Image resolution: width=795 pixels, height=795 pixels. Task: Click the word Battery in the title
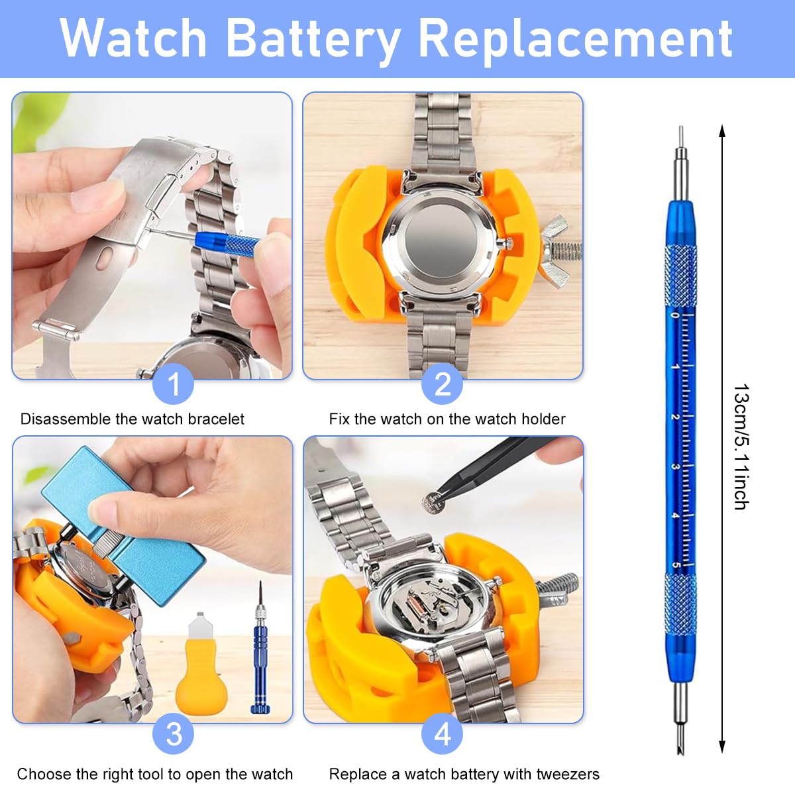point(313,39)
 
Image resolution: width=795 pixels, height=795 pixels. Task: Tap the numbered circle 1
point(174,384)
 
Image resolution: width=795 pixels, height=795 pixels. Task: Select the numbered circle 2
point(443,384)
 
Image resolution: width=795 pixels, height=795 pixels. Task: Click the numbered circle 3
point(174,734)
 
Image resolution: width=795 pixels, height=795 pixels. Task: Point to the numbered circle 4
point(443,734)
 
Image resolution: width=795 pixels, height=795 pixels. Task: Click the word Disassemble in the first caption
point(66,419)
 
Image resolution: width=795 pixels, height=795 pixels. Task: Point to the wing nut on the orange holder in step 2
point(555,251)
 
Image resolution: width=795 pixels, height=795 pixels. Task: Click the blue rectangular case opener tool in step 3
point(124,524)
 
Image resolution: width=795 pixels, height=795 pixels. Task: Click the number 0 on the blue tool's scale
point(675,315)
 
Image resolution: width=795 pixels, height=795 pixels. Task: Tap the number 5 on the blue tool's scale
point(675,565)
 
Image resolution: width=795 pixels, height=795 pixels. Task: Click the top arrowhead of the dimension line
point(722,131)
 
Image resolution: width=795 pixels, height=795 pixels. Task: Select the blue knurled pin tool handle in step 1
point(228,244)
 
